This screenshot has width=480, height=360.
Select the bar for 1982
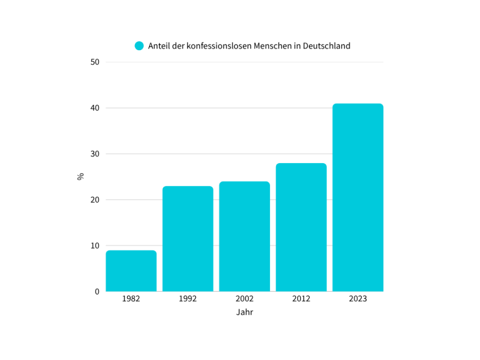coord(131,271)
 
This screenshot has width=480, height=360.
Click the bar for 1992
coord(187,239)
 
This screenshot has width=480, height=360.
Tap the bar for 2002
coord(245,236)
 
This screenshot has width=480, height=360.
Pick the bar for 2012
coord(301,227)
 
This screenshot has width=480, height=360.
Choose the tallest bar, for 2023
coord(357,197)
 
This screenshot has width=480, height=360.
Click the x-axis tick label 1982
coord(131,298)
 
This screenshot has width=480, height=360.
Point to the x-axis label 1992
coord(187,298)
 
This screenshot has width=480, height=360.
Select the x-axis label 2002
coord(245,298)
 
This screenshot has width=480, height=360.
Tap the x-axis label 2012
coord(301,298)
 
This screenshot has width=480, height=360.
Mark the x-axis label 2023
coord(357,298)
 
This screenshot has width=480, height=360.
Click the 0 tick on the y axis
coord(97,292)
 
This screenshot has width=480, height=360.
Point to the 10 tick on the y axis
coord(95,245)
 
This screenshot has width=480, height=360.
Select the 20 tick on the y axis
coord(95,200)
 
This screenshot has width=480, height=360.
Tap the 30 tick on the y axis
coord(95,154)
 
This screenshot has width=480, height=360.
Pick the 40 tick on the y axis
coord(95,108)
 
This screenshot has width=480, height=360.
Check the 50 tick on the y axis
coord(95,62)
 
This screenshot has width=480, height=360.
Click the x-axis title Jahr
coord(245,312)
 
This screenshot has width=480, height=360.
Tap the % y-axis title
coord(80,177)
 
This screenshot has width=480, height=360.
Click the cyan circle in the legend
coord(139,46)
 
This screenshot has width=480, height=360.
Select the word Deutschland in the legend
coord(326,46)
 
